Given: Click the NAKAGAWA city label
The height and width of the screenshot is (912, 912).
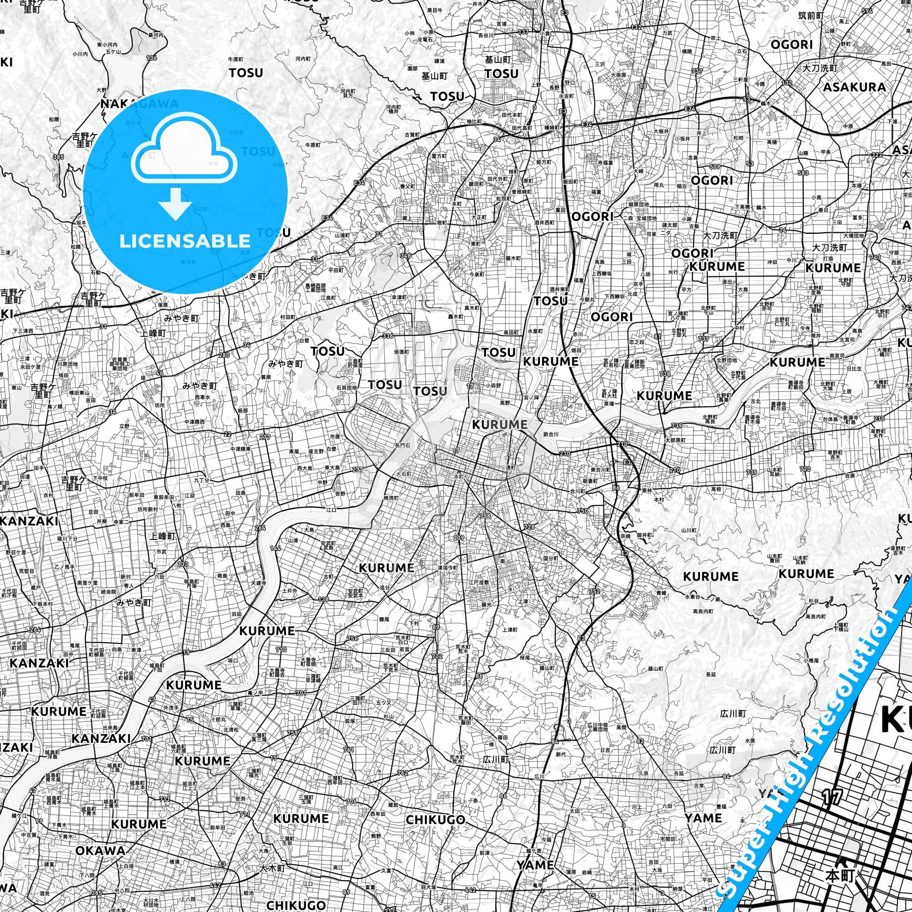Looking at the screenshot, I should tap(140, 104).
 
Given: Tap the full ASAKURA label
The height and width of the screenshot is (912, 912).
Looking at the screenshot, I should tap(854, 87).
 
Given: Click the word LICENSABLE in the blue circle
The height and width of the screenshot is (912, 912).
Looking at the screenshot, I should tap(185, 241).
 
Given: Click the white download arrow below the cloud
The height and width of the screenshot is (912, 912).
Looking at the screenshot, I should tap(175, 203).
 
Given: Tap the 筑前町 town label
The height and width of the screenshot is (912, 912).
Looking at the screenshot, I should tap(811, 15).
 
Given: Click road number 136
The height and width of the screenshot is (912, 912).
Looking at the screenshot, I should tap(151, 58).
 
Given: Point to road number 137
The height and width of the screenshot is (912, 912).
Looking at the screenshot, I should tap(523, 31).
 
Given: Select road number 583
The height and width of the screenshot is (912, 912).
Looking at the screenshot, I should tap(803, 173).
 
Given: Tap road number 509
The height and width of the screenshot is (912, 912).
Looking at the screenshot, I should tap(715, 166).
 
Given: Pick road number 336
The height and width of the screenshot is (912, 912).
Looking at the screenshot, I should tap(388, 336).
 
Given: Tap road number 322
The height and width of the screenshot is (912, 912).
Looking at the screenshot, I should tap(876, 155).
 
